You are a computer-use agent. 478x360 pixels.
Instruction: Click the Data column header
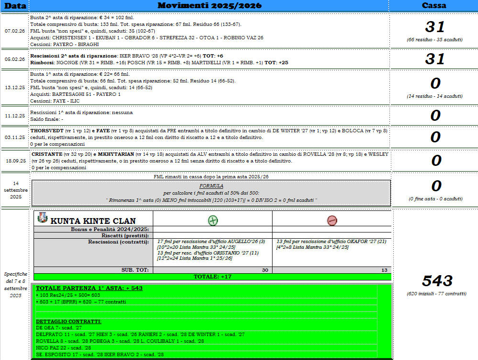14,6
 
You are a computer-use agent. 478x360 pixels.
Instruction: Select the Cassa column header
434,6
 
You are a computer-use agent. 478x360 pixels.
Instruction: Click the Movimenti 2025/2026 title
209,6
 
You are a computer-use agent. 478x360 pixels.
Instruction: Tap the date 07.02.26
14,30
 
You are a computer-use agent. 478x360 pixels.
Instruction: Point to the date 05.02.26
14,59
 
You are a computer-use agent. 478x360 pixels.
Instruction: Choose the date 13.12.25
14,88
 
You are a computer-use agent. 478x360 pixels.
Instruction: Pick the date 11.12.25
14,116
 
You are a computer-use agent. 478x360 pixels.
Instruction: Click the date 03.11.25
14,137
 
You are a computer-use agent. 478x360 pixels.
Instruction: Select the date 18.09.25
14,161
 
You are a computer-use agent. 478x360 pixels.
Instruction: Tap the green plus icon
213,221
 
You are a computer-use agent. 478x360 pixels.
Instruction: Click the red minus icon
332,221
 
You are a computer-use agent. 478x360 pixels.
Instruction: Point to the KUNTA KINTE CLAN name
93,221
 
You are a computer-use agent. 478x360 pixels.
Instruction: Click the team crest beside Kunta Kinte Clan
42,218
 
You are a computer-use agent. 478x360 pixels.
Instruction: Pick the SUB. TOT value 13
384,270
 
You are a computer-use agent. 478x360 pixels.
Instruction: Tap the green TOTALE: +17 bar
212,277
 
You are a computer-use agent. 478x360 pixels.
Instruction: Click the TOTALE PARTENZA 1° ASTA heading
89,288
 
